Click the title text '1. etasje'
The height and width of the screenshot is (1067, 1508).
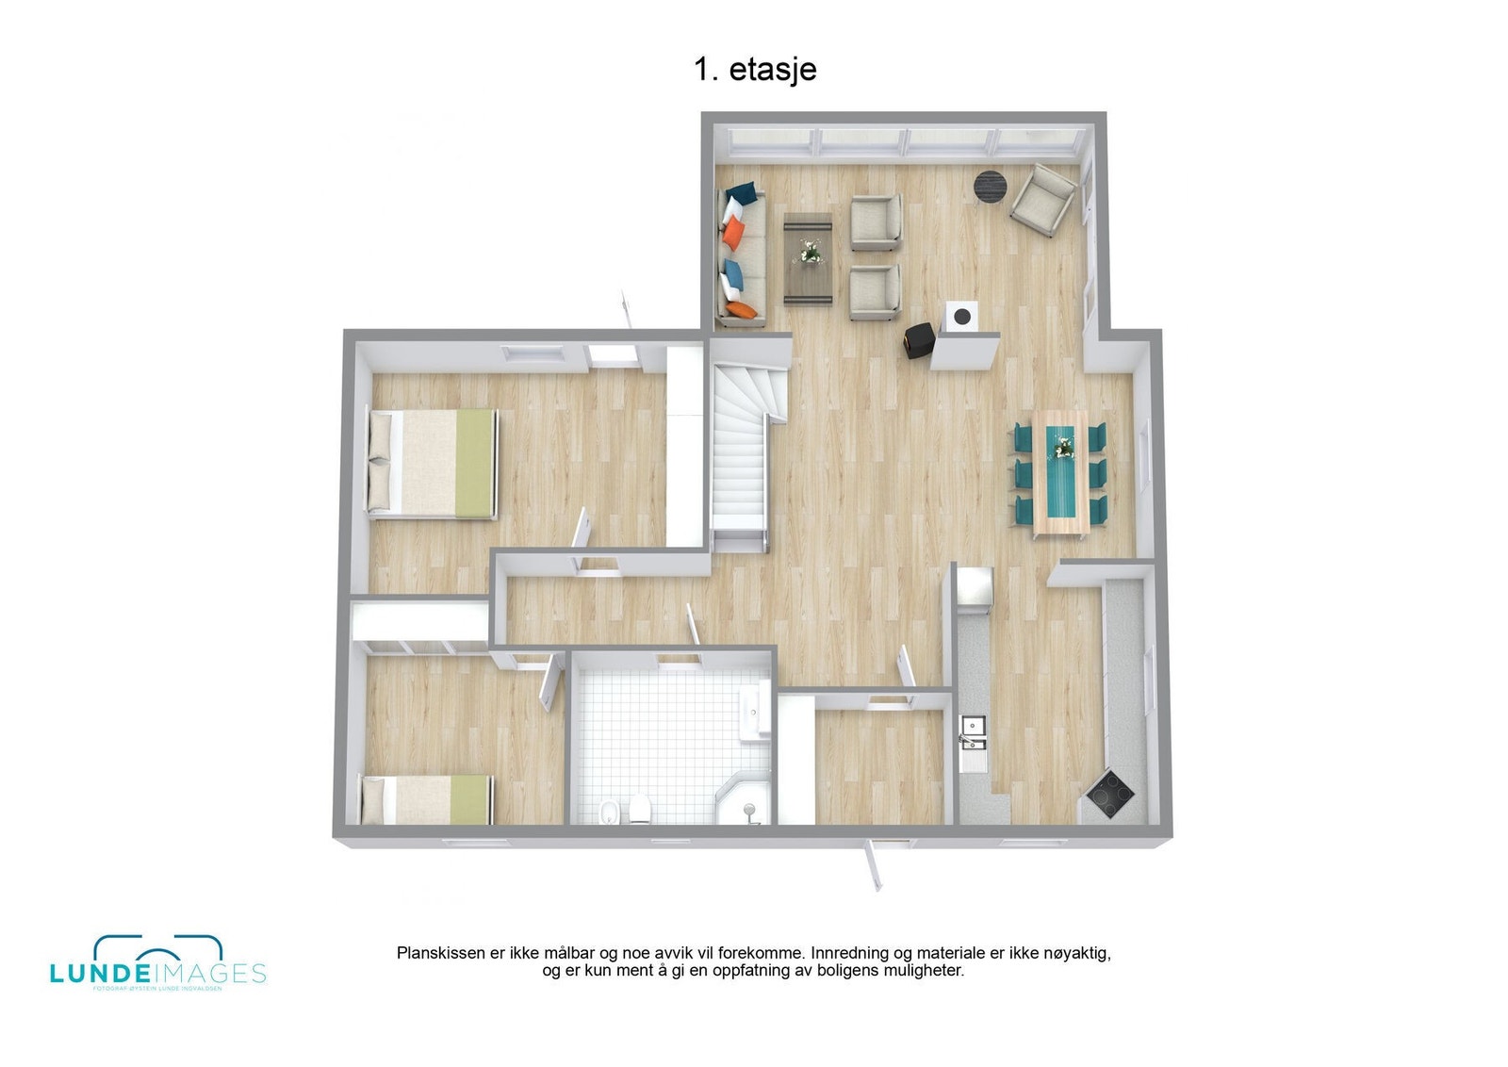755,69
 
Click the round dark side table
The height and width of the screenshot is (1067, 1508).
989,184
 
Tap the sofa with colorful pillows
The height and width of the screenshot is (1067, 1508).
742,254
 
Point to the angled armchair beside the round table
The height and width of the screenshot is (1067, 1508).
1042,199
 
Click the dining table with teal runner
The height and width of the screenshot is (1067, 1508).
1061,471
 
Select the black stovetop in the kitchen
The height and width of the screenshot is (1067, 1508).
1110,793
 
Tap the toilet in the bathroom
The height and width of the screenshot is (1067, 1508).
640,809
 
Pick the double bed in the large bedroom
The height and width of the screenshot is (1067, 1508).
433,463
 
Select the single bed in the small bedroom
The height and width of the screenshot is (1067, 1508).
427,799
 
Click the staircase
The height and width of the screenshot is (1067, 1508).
742,452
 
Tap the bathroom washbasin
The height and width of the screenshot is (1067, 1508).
754,712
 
